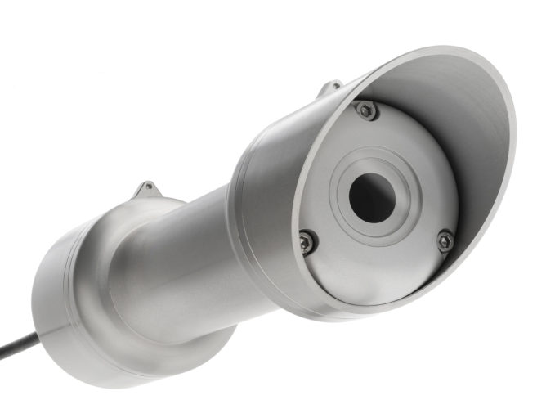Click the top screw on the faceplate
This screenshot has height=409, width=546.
pyautogui.click(x=366, y=110)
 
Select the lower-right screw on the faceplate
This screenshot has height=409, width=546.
pyautogui.click(x=445, y=240)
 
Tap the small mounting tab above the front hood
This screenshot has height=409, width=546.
pyautogui.click(x=330, y=87)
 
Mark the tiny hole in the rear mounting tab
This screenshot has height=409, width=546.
pyautogui.click(x=147, y=189)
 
